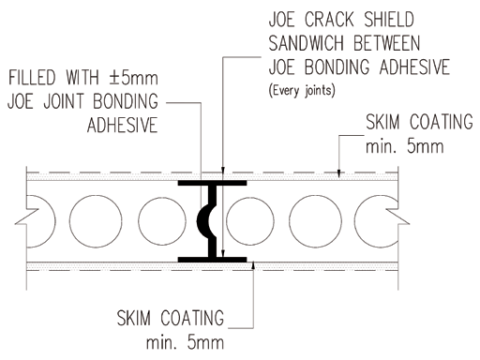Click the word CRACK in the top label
(x=329, y=19)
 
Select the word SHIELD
(x=389, y=19)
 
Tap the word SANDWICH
(x=307, y=43)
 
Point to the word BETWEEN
(x=386, y=43)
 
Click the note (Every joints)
(x=302, y=91)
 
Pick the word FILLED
(x=32, y=78)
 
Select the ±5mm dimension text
(x=134, y=78)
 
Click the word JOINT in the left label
(x=64, y=101)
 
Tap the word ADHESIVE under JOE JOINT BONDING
(x=123, y=125)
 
